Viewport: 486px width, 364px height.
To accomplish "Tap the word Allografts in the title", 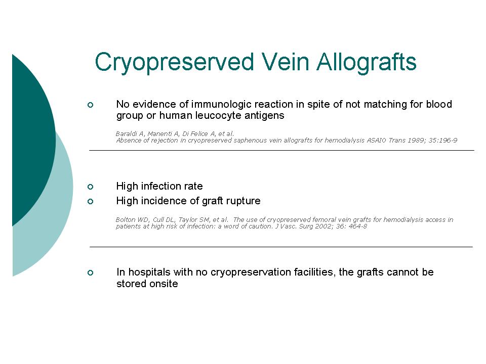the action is coord(367,62).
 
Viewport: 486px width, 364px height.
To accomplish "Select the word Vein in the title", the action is coord(285,61).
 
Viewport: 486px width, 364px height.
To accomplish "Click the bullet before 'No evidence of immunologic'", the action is coord(90,105).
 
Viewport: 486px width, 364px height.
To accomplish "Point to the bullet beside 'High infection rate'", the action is coord(90,187).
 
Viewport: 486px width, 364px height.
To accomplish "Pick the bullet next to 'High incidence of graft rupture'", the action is coord(90,202).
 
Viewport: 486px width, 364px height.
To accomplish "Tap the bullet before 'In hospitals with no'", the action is coord(90,272).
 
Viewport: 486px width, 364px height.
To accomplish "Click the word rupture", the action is coord(244,201).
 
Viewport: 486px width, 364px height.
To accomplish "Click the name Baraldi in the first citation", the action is coord(127,133).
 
